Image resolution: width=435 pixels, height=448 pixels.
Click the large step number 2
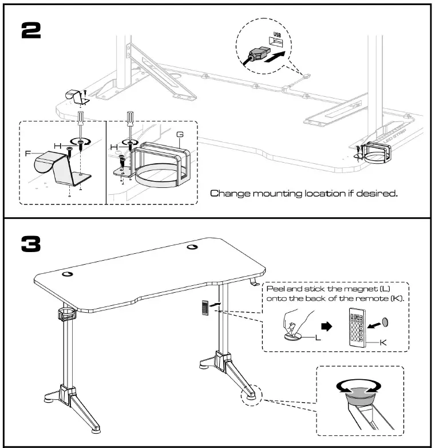pyautogui.click(x=30, y=30)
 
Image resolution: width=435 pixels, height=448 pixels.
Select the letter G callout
pyautogui.click(x=180, y=134)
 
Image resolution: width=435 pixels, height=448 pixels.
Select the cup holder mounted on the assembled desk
pyautogui.click(x=67, y=315)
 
